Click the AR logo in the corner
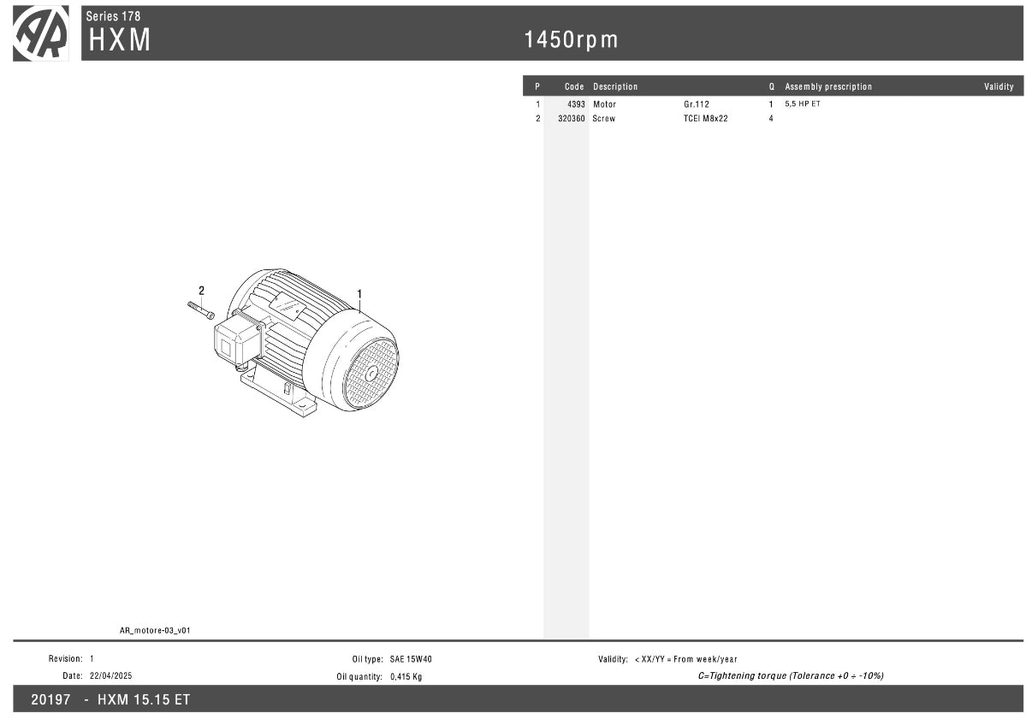point(40,33)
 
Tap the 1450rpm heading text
point(571,39)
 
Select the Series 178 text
point(113,16)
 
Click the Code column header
point(574,86)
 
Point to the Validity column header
point(999,86)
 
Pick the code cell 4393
point(576,104)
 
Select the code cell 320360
point(572,119)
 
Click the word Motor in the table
point(604,104)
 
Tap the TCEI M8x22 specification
point(705,119)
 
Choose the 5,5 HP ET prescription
point(803,104)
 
